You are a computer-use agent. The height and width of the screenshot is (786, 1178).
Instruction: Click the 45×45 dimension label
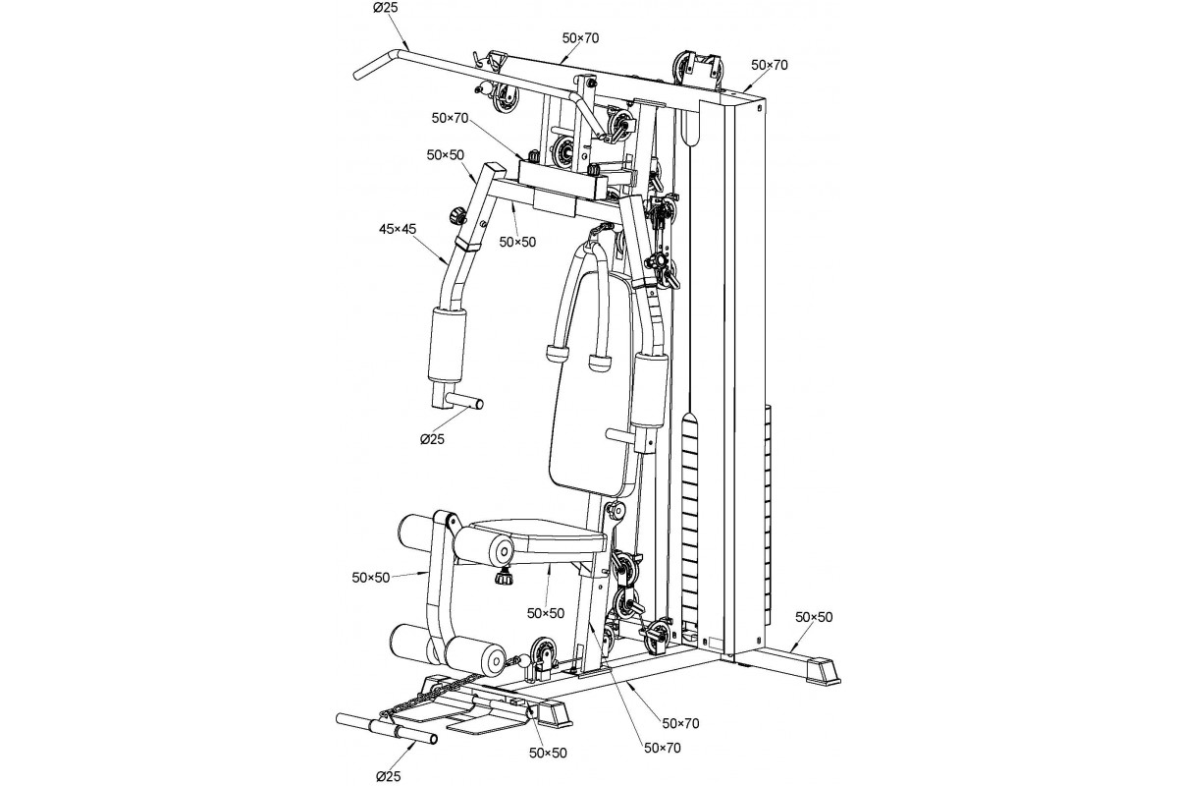point(397,229)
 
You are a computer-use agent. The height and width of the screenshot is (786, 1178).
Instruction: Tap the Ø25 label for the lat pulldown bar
point(386,9)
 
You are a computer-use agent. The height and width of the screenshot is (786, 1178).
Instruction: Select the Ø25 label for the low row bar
point(388,776)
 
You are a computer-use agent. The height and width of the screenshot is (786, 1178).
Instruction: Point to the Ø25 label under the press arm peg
point(432,439)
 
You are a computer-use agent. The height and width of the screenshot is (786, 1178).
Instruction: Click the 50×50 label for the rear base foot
point(814,617)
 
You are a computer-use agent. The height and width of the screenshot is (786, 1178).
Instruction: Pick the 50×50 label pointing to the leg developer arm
point(371,578)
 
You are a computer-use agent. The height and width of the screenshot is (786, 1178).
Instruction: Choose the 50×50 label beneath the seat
point(546,613)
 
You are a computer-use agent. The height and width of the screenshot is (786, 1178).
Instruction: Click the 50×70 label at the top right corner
point(770,65)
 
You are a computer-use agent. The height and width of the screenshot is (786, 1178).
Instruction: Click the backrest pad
point(592,384)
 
